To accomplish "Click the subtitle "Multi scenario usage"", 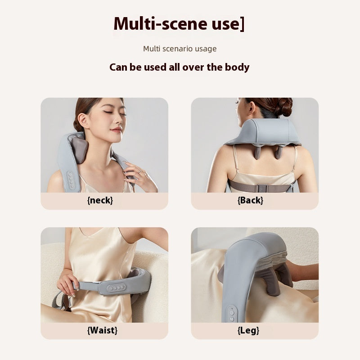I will [x=180, y=49].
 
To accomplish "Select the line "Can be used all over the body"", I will [x=179, y=67].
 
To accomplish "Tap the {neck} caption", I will [x=100, y=200].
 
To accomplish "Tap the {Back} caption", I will [x=250, y=200].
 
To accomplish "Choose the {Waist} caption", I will [x=102, y=330].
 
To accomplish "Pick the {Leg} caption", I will [x=248, y=330].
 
